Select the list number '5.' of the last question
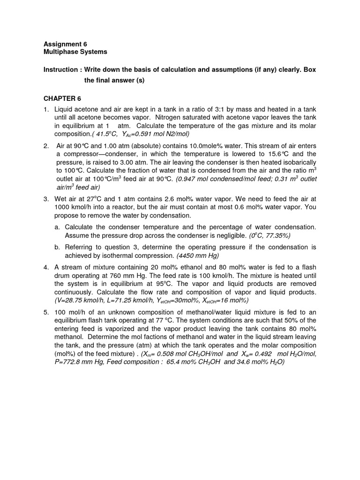pyautogui.click(x=46, y=312)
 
